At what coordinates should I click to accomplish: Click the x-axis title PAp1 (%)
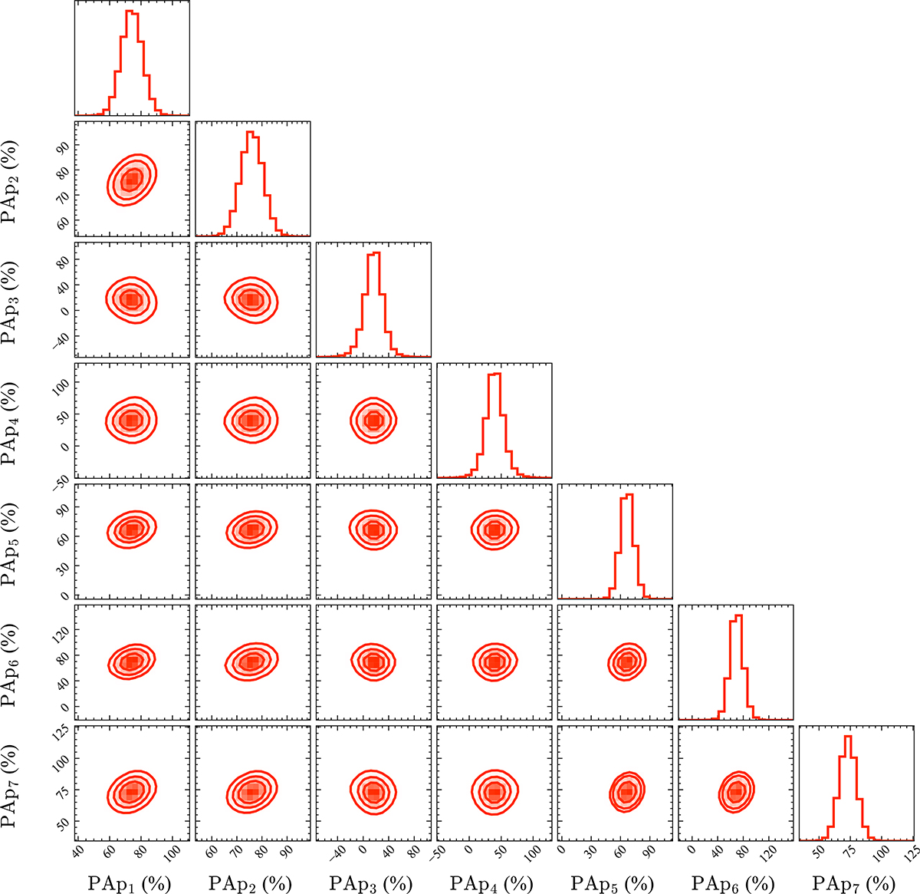coord(129,883)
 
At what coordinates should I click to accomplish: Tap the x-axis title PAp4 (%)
coord(491,883)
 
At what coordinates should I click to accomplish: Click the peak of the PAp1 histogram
coord(130,12)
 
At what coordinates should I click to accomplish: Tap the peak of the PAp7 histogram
coord(848,737)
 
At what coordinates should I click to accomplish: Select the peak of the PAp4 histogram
coord(494,374)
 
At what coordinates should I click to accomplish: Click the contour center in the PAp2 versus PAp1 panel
coord(131,180)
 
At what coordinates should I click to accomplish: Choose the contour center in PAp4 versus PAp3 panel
coord(373,420)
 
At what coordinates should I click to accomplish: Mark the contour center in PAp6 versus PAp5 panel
coord(627,661)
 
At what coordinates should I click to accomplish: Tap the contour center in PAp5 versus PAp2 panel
coord(251,529)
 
